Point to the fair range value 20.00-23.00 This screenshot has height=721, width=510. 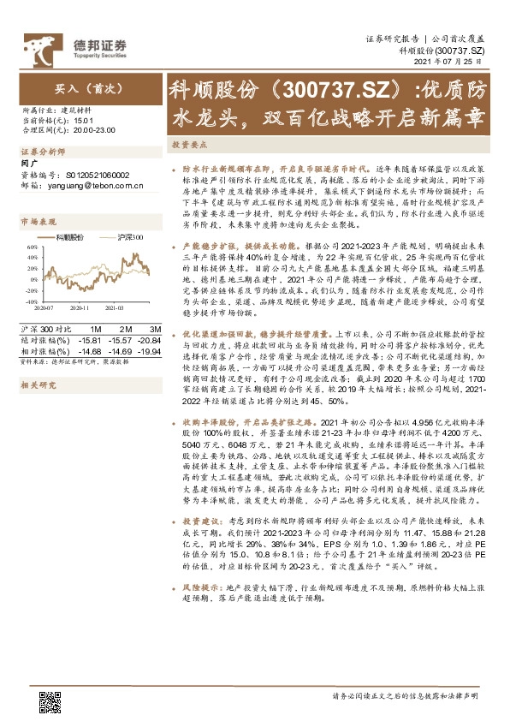97,130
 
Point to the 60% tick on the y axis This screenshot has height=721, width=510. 31,247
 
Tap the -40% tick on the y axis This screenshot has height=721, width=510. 30,302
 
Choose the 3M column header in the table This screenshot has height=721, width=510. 155,329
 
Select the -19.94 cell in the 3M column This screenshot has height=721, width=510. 151,349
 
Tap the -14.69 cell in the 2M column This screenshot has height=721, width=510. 121,349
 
